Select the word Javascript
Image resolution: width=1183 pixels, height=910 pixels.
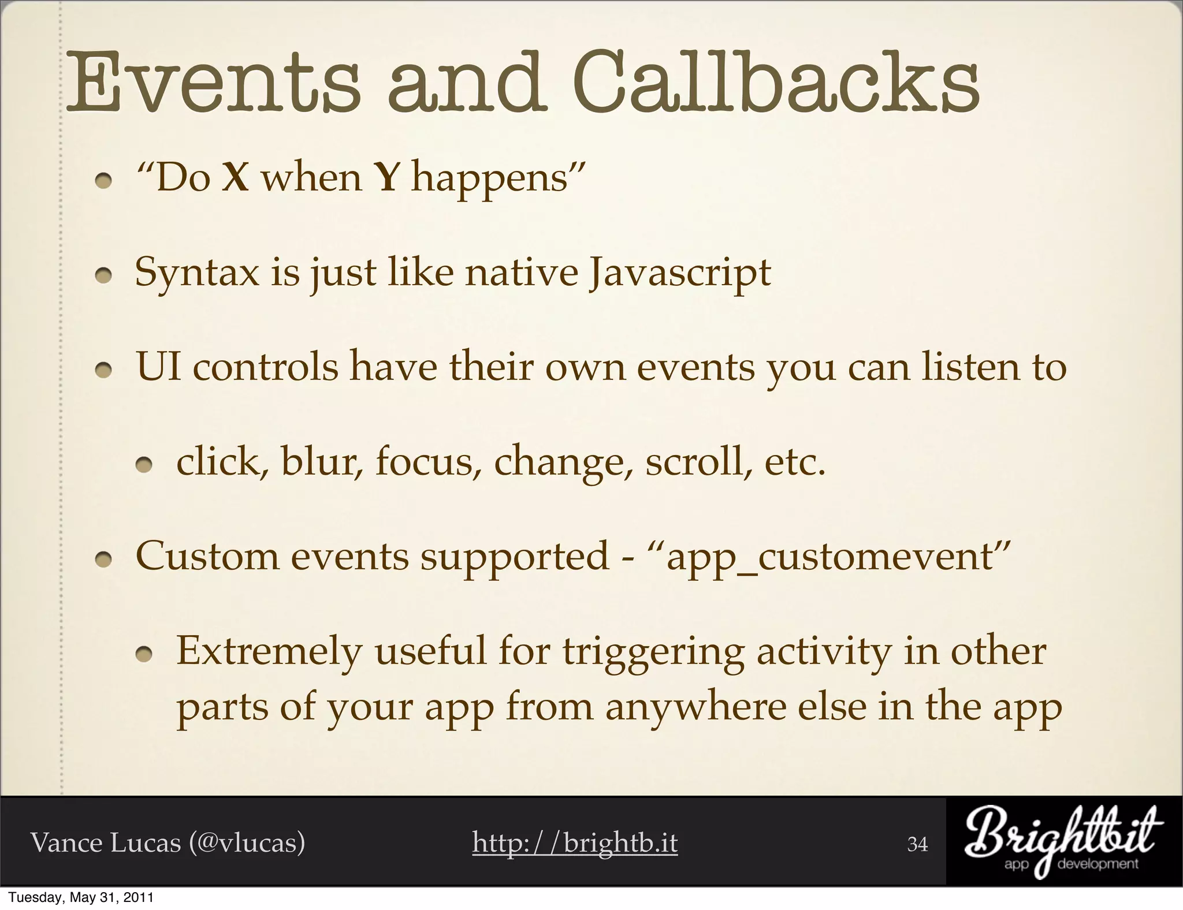[x=679, y=273]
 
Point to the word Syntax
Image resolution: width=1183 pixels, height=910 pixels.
[x=197, y=273]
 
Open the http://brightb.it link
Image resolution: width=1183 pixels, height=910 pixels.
[x=575, y=843]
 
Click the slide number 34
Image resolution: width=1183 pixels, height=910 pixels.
[x=917, y=845]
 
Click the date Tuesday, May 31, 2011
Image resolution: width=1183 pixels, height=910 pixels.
[x=81, y=898]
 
